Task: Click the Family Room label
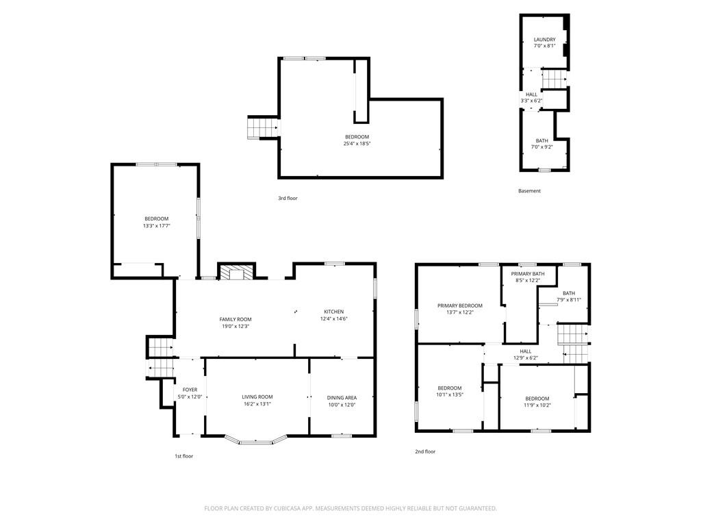(235, 319)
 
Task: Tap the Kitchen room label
(334, 312)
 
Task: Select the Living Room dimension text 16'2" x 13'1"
(257, 404)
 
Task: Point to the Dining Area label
(342, 398)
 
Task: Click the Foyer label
(190, 390)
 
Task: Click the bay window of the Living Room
(255, 440)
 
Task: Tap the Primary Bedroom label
(460, 305)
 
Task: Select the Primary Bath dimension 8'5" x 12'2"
(528, 280)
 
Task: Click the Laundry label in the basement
(544, 39)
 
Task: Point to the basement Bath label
(542, 140)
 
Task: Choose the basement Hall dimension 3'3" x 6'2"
(531, 101)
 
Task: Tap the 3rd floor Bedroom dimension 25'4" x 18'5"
(357, 144)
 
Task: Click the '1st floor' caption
(183, 456)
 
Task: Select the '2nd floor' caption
(425, 451)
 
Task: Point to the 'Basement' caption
(529, 190)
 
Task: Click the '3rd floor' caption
(288, 198)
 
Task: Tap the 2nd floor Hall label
(526, 351)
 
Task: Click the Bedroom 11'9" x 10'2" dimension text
(537, 405)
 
